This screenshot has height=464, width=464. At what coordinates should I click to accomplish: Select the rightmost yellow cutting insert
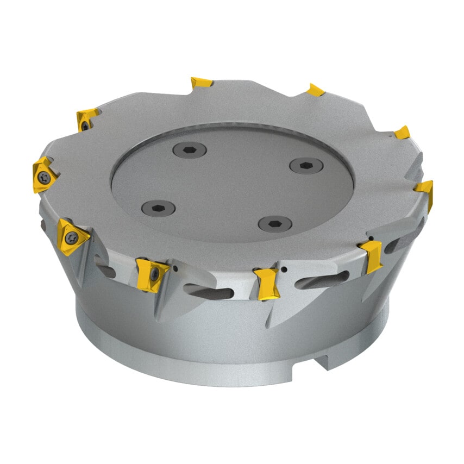[x=425, y=190]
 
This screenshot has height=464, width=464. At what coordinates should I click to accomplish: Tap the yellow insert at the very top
[x=202, y=83]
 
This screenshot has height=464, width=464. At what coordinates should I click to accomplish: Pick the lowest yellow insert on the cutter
[x=267, y=283]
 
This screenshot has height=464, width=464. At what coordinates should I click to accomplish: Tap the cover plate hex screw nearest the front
[x=274, y=223]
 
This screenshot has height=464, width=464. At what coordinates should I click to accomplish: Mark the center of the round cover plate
[x=233, y=183]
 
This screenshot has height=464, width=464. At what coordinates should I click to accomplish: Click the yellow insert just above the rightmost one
[x=402, y=133]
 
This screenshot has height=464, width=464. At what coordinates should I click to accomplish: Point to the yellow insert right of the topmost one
[x=316, y=90]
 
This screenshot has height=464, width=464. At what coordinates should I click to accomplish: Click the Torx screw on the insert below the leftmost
[x=71, y=237]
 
